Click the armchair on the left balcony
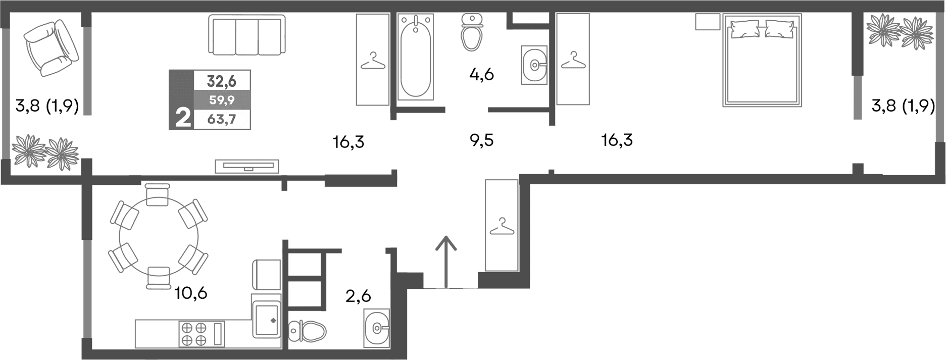click(51, 48)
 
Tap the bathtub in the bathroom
click(415, 57)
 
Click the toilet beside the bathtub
click(472, 32)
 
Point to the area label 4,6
click(481, 75)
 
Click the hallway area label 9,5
click(481, 141)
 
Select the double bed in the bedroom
click(762, 60)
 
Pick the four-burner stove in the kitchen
click(194, 334)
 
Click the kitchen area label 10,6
click(191, 292)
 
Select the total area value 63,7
click(222, 120)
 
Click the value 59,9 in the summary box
click(222, 100)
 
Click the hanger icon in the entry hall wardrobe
click(502, 227)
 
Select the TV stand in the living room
click(247, 166)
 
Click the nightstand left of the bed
click(707, 22)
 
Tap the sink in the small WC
click(377, 328)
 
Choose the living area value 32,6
click(222, 81)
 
